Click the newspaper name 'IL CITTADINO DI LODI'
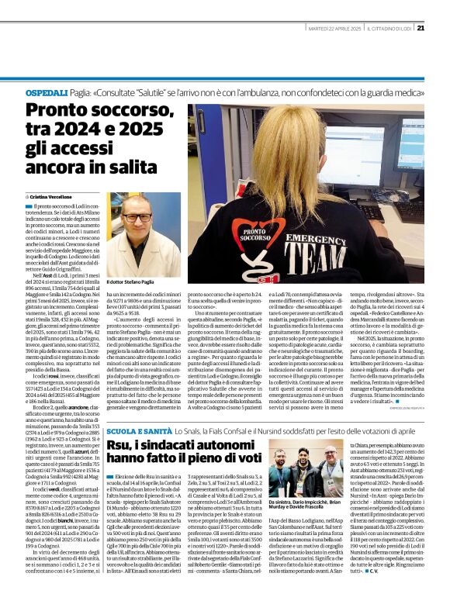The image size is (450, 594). coord(388,29)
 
